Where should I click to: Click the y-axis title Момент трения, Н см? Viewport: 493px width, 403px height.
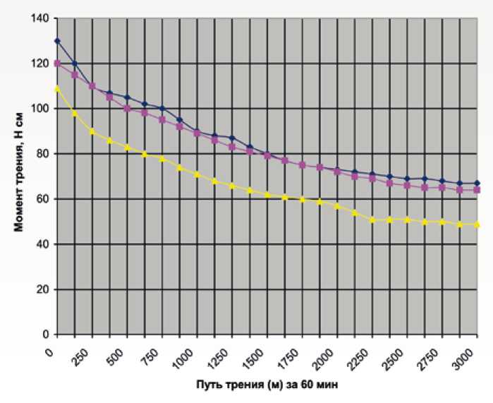click(x=19, y=176)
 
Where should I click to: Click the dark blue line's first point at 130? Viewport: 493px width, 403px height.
click(x=57, y=41)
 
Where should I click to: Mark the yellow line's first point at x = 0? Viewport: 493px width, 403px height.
click(x=57, y=88)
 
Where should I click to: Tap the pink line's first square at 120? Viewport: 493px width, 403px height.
click(x=57, y=64)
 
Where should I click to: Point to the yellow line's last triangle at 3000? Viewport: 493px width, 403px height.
click(x=477, y=224)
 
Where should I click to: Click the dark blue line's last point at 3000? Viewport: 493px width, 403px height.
click(x=477, y=183)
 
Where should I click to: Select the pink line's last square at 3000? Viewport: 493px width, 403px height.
click(x=477, y=190)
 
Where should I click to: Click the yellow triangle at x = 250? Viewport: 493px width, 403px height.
click(x=92, y=131)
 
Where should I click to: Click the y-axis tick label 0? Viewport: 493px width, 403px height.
click(x=44, y=335)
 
